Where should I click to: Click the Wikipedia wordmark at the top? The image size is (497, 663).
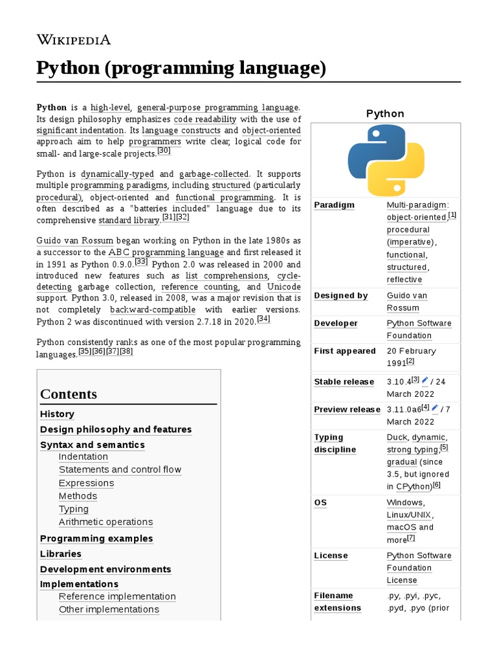click(74, 40)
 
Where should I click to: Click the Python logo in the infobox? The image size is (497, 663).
click(386, 161)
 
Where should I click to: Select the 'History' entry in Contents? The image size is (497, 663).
click(57, 414)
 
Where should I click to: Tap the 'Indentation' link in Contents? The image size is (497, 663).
click(83, 456)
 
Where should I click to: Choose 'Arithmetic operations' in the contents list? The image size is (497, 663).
click(106, 522)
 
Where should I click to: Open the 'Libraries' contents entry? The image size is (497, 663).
click(61, 554)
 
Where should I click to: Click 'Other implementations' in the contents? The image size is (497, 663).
click(109, 609)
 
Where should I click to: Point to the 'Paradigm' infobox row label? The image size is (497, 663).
click(335, 205)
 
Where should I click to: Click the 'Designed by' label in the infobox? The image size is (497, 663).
click(341, 296)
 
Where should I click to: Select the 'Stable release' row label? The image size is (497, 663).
click(344, 382)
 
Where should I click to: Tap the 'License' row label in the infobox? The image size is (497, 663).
click(331, 556)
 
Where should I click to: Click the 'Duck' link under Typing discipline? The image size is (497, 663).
click(397, 438)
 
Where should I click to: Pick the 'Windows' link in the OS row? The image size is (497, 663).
click(405, 503)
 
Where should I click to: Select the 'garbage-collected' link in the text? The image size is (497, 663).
click(214, 174)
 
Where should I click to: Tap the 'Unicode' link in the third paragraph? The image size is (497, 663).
click(283, 287)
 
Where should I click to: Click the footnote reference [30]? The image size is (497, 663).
click(164, 151)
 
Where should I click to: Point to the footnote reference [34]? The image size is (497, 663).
click(263, 319)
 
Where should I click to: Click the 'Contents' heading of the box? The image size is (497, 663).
click(69, 394)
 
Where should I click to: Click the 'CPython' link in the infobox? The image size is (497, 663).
click(414, 486)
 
